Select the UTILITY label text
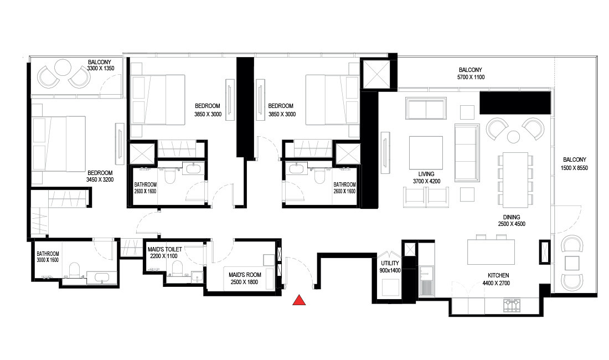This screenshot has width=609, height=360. [390, 264]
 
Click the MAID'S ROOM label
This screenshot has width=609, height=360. [244, 274]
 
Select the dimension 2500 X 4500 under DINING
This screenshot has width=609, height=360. [511, 224]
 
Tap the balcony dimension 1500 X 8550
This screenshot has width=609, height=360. [573, 167]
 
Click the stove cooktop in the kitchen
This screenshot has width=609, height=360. [512, 304]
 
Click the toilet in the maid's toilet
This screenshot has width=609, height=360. [177, 269]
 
